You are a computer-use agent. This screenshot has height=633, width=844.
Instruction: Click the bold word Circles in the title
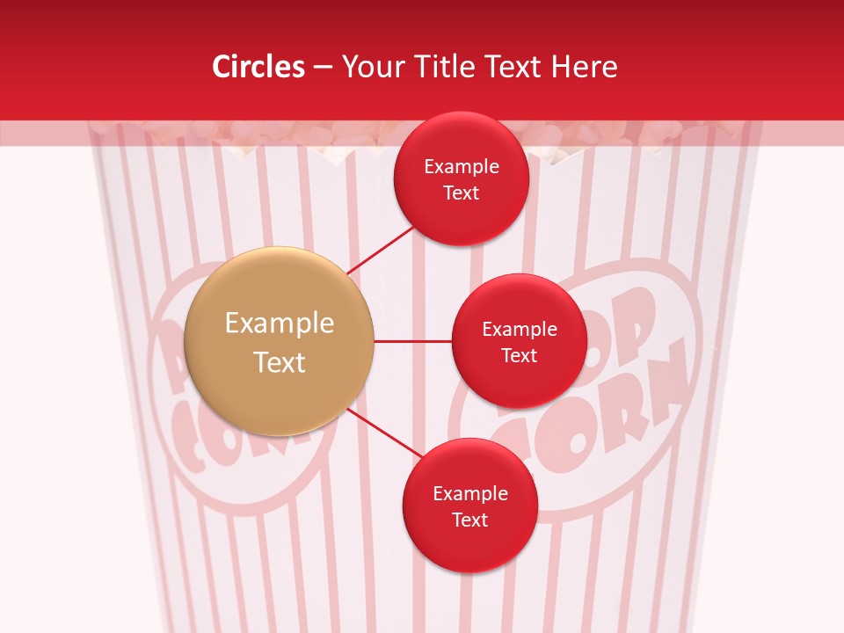click(258, 67)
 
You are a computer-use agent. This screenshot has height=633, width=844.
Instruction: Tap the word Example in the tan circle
click(280, 324)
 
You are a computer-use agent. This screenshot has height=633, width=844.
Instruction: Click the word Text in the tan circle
click(280, 362)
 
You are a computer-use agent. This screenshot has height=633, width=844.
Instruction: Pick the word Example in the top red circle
click(462, 167)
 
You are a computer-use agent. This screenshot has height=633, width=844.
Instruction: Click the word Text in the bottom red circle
click(469, 520)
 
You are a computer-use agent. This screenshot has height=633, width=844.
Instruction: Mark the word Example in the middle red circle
click(520, 330)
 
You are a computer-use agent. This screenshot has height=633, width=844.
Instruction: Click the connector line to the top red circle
click(382, 251)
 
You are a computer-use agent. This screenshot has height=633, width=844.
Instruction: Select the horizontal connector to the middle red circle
click(412, 341)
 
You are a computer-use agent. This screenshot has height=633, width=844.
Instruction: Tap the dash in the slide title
click(323, 67)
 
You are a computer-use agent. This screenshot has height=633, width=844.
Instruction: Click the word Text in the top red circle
click(461, 193)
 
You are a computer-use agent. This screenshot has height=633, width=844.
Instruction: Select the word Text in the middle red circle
click(519, 355)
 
